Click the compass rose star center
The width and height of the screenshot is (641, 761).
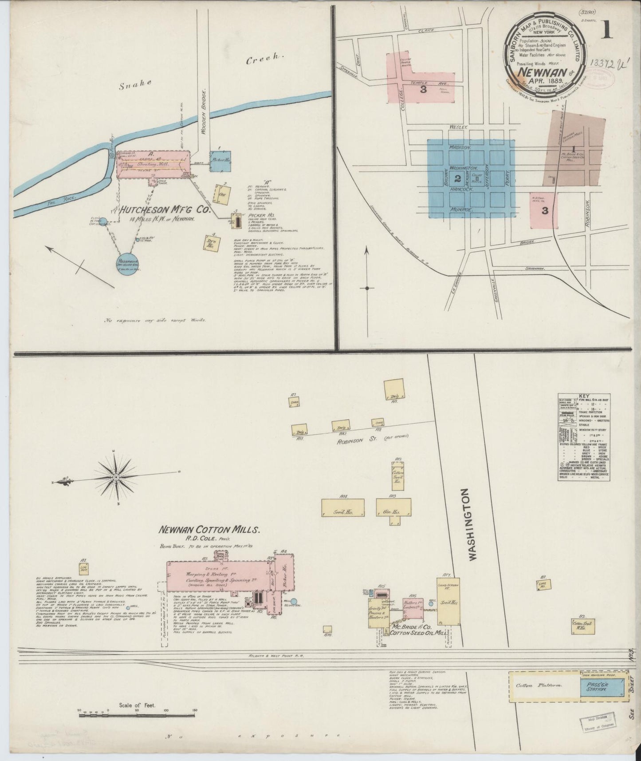116,477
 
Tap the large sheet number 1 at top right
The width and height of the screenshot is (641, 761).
607,31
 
